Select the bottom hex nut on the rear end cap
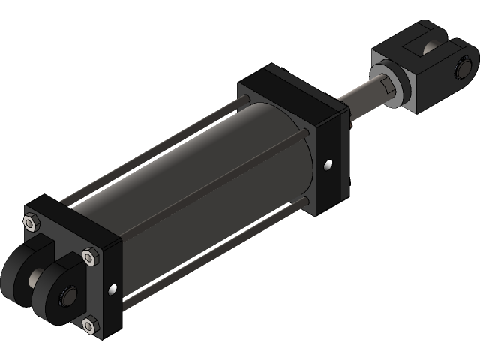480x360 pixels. point(90,324)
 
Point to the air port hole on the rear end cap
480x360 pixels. point(112,289)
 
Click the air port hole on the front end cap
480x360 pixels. point(328,164)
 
